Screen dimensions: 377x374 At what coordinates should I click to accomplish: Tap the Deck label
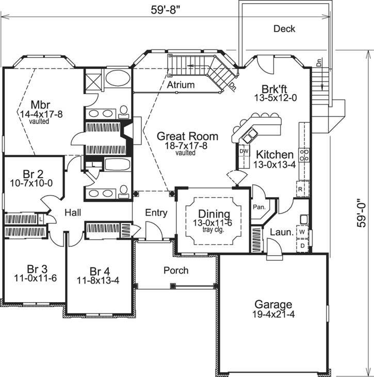pos(284,29)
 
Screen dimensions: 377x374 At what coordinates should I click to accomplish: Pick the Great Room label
pos(187,136)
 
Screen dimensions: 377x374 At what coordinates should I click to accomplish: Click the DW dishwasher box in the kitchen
pos(245,151)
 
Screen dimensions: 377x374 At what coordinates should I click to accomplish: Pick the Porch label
pos(176,270)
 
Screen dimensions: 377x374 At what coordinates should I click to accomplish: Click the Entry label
pos(156,213)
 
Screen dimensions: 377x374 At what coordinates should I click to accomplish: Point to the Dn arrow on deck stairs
pos(319,65)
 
